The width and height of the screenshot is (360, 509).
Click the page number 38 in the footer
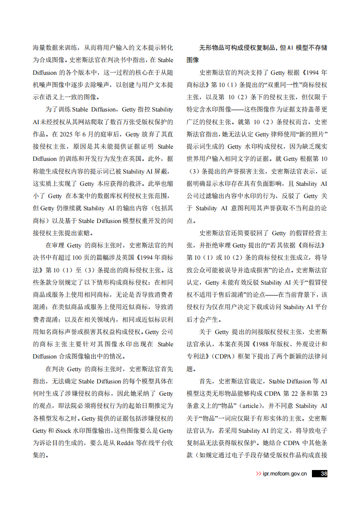pos(323,474)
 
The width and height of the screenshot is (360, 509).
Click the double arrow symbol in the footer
pos(258,474)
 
